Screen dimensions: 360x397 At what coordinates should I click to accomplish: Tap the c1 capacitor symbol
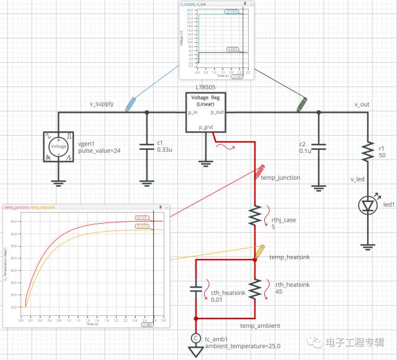(146, 147)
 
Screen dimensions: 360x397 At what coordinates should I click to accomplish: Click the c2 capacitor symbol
(319, 147)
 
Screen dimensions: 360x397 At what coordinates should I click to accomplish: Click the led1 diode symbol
(367, 204)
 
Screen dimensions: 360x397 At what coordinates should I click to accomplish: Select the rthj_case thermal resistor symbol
(255, 215)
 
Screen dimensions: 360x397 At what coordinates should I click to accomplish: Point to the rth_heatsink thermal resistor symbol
(255, 288)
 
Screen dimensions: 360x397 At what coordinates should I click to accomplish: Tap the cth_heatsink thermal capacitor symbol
(196, 288)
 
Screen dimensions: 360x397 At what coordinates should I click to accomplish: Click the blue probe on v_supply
(130, 103)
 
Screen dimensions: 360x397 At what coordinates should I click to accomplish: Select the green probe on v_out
(301, 103)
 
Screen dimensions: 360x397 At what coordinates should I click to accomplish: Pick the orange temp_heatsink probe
(261, 250)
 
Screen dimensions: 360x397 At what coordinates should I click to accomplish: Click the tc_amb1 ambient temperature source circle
(196, 338)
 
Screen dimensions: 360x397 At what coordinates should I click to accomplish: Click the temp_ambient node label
(260, 325)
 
